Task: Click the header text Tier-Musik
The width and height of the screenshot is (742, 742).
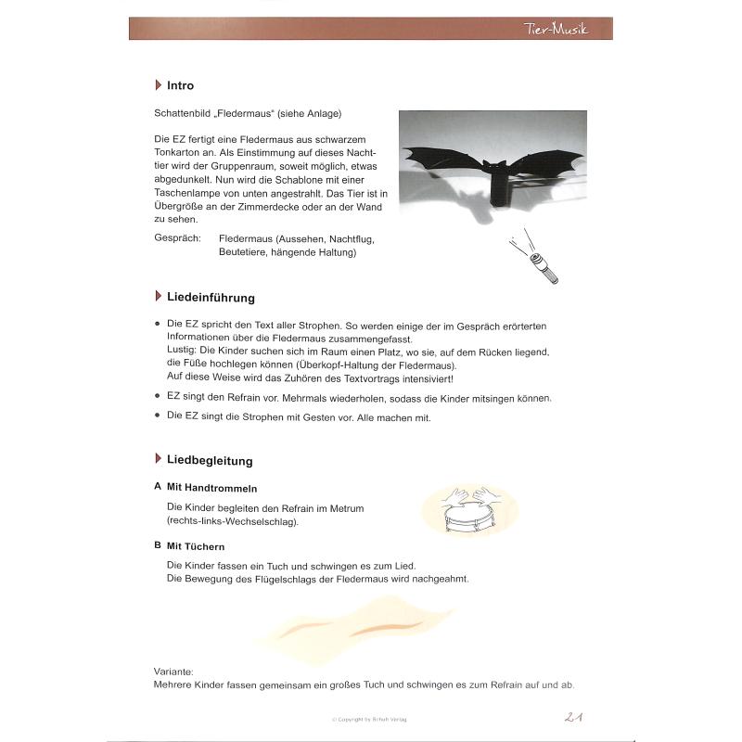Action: [x=556, y=30]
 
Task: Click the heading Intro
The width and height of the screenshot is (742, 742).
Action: [x=180, y=85]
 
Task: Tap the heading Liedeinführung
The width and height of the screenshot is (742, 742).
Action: [x=211, y=298]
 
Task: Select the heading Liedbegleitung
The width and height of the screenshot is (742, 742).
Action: [x=210, y=460]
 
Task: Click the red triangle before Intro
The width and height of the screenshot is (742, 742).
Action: [x=159, y=85]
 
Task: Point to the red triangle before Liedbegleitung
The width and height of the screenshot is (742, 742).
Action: [x=159, y=460]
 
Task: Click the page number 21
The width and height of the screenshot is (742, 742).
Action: [x=573, y=715]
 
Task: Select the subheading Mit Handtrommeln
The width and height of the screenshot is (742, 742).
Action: [x=211, y=488]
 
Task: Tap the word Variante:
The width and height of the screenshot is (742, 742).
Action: [x=176, y=671]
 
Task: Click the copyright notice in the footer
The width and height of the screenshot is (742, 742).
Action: [x=370, y=719]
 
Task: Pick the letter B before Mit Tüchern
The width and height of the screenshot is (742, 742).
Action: [x=158, y=546]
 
